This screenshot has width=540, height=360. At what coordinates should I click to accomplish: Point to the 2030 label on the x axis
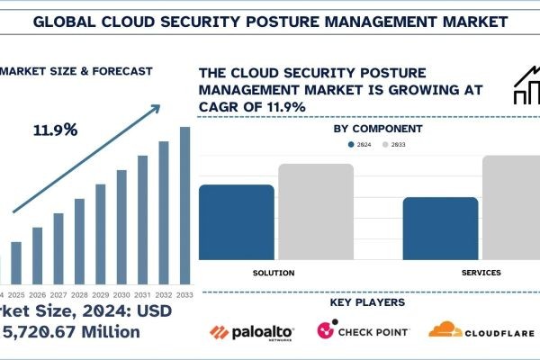point(121,294)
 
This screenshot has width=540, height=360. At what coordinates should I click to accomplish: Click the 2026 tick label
point(37,294)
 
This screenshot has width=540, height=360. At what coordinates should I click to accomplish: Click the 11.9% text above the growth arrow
point(56,130)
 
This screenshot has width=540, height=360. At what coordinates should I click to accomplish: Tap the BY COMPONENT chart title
point(378,129)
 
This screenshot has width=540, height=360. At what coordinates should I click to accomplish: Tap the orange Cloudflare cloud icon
point(446,330)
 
